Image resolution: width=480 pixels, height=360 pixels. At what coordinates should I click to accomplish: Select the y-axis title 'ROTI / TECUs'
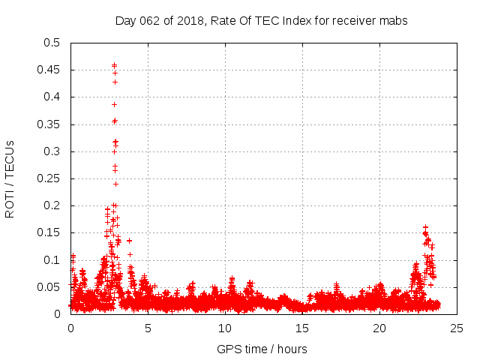click(x=10, y=178)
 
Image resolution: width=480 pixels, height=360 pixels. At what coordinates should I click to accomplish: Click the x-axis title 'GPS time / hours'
click(x=262, y=349)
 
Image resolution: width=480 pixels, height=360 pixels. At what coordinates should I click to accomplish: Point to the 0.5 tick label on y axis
click(x=52, y=43)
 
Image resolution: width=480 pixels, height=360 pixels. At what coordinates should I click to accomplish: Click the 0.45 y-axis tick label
click(x=49, y=70)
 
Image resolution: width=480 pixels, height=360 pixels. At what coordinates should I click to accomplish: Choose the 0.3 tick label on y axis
click(x=52, y=151)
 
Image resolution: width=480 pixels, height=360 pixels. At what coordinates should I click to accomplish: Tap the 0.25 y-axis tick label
click(x=49, y=178)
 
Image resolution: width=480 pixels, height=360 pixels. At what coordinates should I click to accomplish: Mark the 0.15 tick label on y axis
click(x=49, y=232)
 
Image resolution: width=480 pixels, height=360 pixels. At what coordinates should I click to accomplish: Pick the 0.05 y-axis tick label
click(x=49, y=287)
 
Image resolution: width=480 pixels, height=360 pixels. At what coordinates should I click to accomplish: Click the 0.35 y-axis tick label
click(x=49, y=124)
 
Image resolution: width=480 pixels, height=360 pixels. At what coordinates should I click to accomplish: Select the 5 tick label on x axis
click(x=148, y=328)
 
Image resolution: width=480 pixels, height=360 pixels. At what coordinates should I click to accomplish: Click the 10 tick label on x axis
click(x=225, y=328)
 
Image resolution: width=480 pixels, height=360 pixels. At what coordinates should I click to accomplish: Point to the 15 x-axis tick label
click(x=302, y=328)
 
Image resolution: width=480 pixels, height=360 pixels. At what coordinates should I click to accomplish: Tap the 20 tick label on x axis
click(x=379, y=328)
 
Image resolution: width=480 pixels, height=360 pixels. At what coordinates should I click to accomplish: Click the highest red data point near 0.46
click(x=114, y=65)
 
